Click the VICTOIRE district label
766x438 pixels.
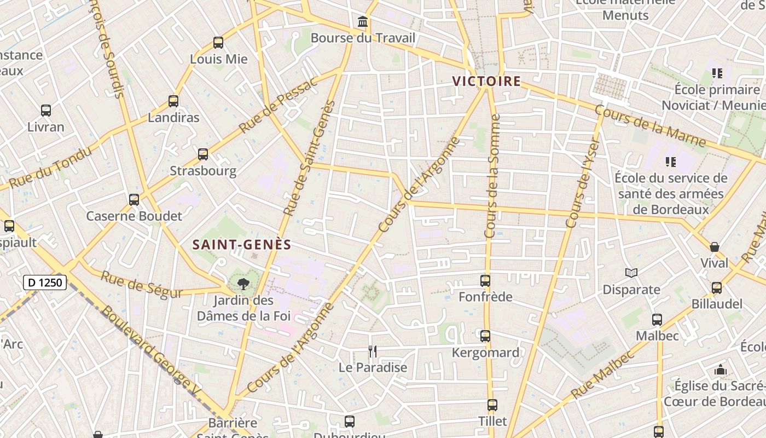tap(486, 82)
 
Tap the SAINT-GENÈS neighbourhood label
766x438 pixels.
tap(242, 245)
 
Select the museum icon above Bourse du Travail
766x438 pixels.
tap(362, 22)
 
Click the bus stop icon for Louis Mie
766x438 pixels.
tap(218, 43)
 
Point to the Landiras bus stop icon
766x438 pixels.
tap(173, 101)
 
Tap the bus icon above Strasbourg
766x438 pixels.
tap(203, 154)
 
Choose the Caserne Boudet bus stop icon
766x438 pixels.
tap(134, 200)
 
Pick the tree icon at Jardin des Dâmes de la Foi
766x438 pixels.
tap(243, 284)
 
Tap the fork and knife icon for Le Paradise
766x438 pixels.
tap(373, 351)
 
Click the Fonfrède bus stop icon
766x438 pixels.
tap(485, 281)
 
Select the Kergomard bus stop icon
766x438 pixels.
tap(485, 336)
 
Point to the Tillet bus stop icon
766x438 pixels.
tap(492, 405)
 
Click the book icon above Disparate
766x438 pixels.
tap(631, 273)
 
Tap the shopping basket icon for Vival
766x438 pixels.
tap(715, 247)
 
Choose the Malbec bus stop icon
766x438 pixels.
tap(657, 320)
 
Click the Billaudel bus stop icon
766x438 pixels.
tap(717, 288)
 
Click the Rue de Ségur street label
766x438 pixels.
tap(141, 285)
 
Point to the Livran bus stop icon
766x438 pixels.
tap(46, 111)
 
